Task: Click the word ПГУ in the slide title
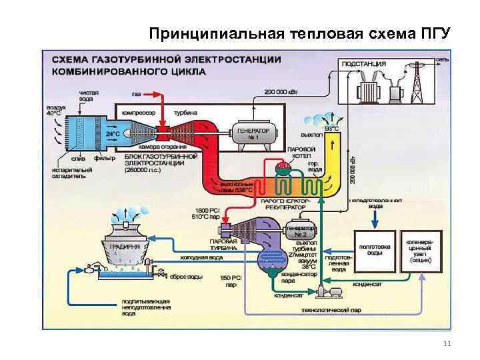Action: [433, 33]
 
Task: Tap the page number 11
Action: [446, 343]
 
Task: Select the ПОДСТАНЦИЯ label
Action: [363, 63]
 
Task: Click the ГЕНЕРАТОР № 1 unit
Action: [253, 134]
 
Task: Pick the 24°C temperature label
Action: [113, 133]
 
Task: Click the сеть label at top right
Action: [443, 60]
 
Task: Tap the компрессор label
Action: [134, 113]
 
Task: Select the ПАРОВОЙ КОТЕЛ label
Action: [298, 151]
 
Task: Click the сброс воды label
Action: [181, 275]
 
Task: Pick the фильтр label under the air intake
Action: [103, 159]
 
